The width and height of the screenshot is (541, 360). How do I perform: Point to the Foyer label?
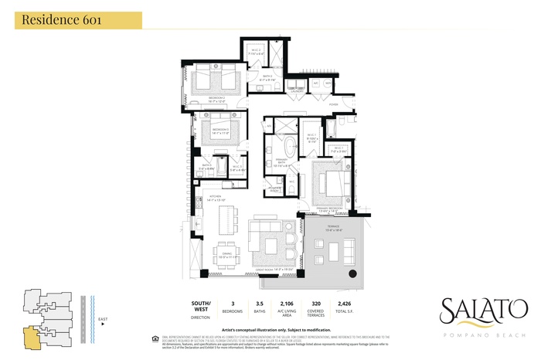pyautogui.click(x=334, y=103)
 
